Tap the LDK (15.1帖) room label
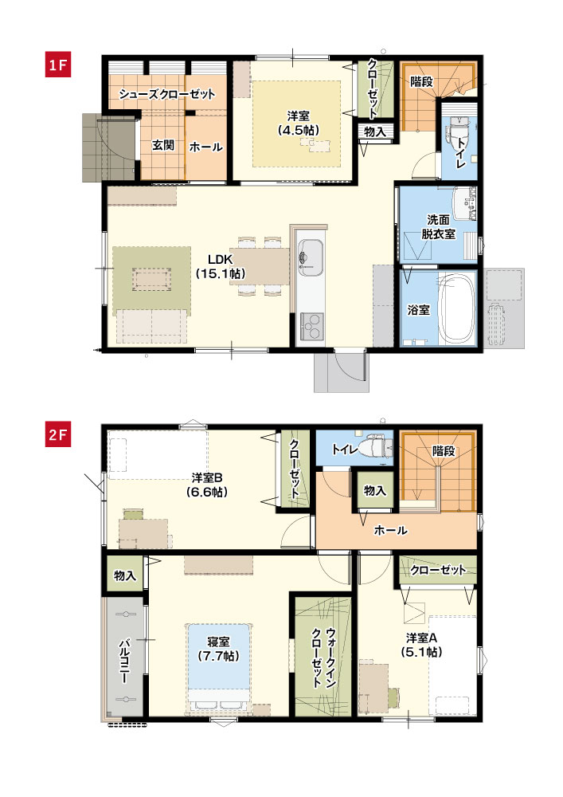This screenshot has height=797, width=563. (x=220, y=266)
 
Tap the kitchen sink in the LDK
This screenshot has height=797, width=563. (x=307, y=257)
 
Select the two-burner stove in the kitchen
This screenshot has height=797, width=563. (x=311, y=324)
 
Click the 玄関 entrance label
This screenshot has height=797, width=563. (x=163, y=146)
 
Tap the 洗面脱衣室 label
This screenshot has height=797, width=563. (x=438, y=227)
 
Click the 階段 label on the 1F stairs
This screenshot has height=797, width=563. (x=421, y=81)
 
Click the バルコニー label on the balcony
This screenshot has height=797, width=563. (x=124, y=663)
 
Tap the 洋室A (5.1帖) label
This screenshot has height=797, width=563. (x=422, y=645)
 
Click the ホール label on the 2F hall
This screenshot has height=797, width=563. (x=390, y=530)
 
